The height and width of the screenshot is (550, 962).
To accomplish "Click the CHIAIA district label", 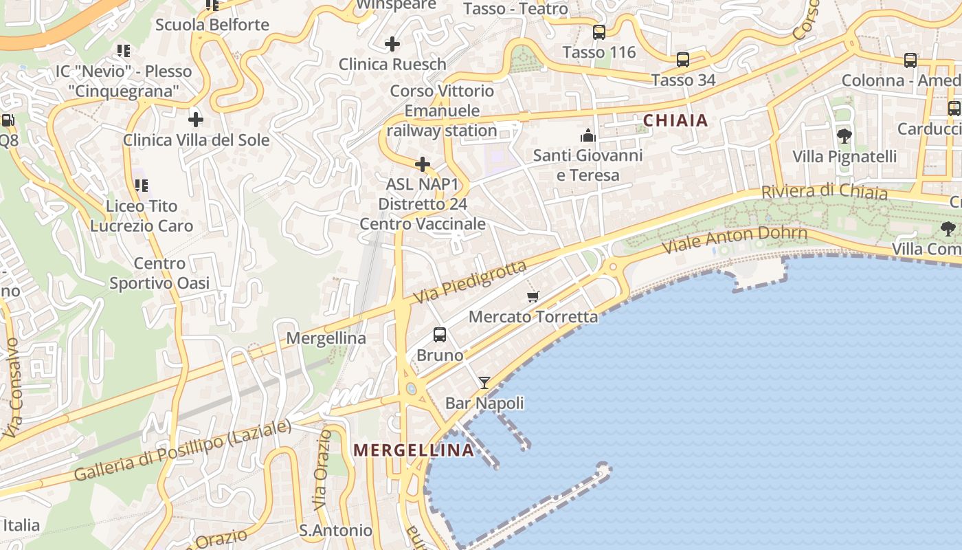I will pyautogui.click(x=675, y=120).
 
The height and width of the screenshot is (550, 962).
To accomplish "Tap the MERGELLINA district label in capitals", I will pyautogui.click(x=413, y=450).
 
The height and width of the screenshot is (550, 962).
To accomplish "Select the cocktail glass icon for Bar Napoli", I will pyautogui.click(x=484, y=383).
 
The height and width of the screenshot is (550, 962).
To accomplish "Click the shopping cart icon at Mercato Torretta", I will pyautogui.click(x=533, y=296).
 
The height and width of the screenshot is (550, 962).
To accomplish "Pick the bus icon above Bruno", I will pyautogui.click(x=440, y=335).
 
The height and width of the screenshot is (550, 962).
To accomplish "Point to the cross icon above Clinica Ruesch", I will pyautogui.click(x=392, y=44).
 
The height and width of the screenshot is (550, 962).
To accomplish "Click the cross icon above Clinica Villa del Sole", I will pyautogui.click(x=196, y=120).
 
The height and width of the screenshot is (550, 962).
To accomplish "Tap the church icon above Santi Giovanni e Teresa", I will pyautogui.click(x=588, y=135).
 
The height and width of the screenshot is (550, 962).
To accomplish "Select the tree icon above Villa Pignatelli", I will pyautogui.click(x=844, y=136).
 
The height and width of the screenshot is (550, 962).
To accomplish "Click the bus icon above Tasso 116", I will pyautogui.click(x=599, y=32).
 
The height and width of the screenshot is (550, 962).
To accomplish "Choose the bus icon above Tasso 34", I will pyautogui.click(x=683, y=60).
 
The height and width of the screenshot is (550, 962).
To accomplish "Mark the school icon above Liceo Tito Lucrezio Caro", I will pyautogui.click(x=141, y=185).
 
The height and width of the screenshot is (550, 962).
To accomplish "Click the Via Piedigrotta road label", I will pyautogui.click(x=471, y=283).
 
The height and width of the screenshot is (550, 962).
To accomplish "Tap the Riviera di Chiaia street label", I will pyautogui.click(x=824, y=191).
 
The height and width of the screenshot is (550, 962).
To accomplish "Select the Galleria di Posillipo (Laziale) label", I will pyautogui.click(x=183, y=450).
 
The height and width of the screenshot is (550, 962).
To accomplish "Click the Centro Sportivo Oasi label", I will pyautogui.click(x=159, y=273).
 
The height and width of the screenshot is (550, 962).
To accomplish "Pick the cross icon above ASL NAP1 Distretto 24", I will pyautogui.click(x=423, y=164).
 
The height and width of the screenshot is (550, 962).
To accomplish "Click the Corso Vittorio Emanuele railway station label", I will pyautogui.click(x=442, y=111).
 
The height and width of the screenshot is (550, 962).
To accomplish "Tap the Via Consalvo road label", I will pyautogui.click(x=13, y=388).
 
